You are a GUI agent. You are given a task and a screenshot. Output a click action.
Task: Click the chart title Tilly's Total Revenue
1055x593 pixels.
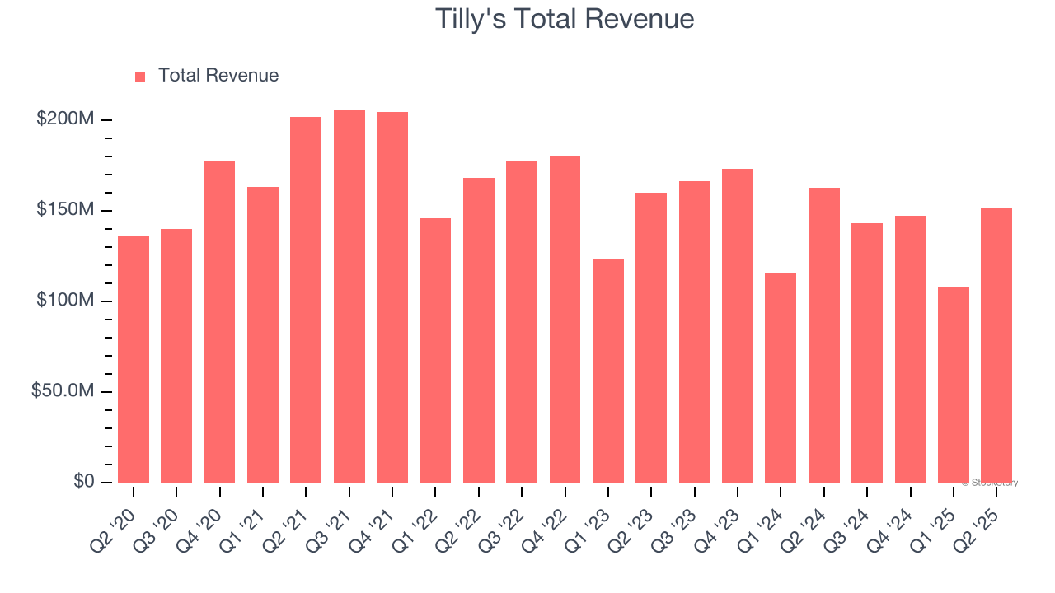pyautogui.click(x=565, y=19)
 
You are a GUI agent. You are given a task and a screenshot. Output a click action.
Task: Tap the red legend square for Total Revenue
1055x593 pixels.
pyautogui.click(x=140, y=77)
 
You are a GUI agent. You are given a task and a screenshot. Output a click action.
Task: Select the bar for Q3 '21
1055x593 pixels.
pyautogui.click(x=349, y=296)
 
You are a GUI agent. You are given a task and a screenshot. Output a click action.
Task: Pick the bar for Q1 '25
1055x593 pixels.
pyautogui.click(x=953, y=385)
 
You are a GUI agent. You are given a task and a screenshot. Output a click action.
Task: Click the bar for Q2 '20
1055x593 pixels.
pyautogui.click(x=134, y=359)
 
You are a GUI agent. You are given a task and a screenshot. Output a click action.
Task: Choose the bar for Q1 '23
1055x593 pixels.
pyautogui.click(x=608, y=371)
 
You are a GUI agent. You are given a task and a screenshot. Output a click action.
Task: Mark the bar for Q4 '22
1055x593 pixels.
pyautogui.click(x=565, y=319)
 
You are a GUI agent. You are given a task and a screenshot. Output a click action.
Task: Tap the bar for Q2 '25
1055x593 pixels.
pyautogui.click(x=996, y=345)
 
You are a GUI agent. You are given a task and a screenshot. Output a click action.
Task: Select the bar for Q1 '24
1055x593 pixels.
pyautogui.click(x=781, y=377)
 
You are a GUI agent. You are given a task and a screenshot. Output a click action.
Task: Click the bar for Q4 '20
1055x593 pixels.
pyautogui.click(x=219, y=321)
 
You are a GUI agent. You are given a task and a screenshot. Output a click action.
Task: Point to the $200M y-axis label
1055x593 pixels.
pyautogui.click(x=65, y=119)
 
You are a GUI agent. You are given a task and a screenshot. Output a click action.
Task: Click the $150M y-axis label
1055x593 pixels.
pyautogui.click(x=65, y=210)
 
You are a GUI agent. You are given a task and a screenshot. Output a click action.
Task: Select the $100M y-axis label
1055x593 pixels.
pyautogui.click(x=65, y=301)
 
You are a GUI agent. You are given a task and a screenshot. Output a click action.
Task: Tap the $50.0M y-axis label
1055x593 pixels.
pyautogui.click(x=63, y=391)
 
